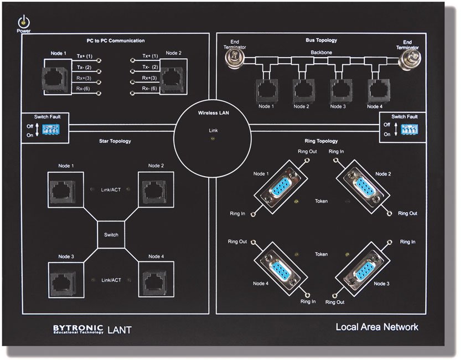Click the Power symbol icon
[x=23, y=22]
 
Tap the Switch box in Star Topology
[x=111, y=235]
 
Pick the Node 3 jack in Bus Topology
[x=339, y=89]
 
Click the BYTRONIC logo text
[x=78, y=328]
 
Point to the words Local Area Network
[x=376, y=327]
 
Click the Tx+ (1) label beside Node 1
[x=85, y=56]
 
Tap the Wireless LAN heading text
[x=214, y=113]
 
